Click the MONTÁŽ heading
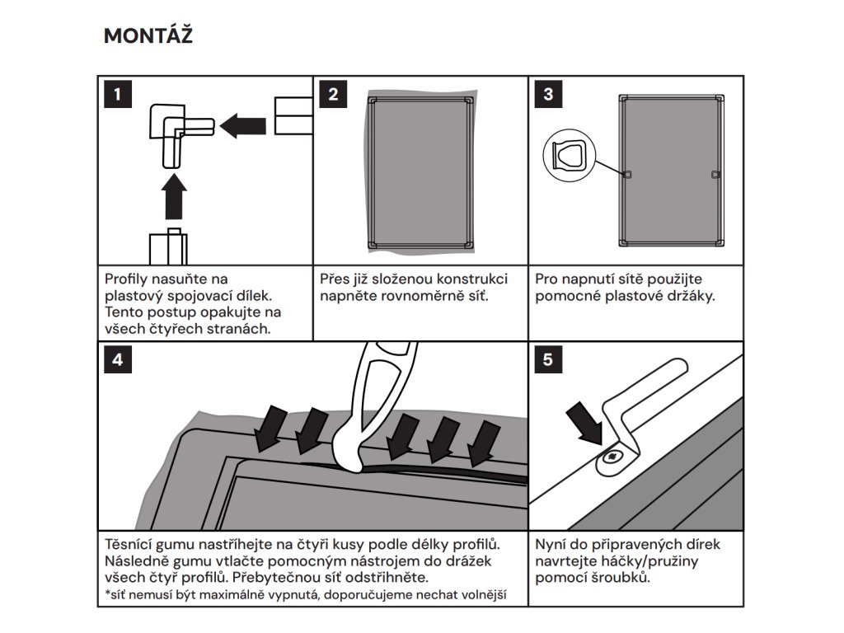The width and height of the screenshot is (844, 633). (x=148, y=36)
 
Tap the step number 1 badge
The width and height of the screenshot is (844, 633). (x=118, y=94)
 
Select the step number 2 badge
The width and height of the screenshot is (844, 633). (x=333, y=94)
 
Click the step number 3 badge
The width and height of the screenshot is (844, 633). (x=549, y=94)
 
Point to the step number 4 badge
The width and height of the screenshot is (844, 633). (x=118, y=359)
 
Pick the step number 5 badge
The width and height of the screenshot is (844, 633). (x=549, y=359)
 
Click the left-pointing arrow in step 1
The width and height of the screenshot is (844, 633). (x=244, y=125)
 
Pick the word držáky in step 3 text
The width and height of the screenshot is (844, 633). (x=689, y=295)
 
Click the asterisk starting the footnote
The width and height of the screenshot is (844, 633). (x=107, y=593)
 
